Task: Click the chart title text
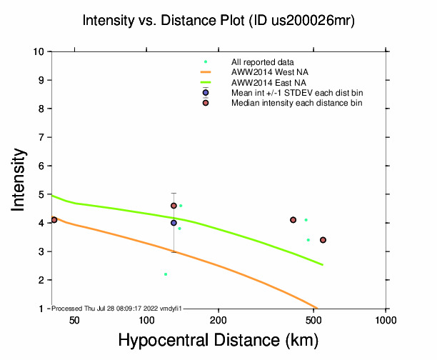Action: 218,21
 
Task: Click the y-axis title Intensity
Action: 19,179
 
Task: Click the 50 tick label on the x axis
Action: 74,319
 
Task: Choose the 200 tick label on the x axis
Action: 218,319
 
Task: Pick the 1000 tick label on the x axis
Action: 386,319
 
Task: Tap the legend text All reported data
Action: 262,62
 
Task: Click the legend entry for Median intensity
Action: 296,103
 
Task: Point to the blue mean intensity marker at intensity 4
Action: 174,223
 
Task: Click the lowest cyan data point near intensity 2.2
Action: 166,274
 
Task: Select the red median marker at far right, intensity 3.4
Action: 323,240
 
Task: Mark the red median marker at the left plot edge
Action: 54,220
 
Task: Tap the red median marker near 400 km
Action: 293,220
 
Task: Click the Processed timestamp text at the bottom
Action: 118,308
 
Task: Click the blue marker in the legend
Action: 206,93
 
